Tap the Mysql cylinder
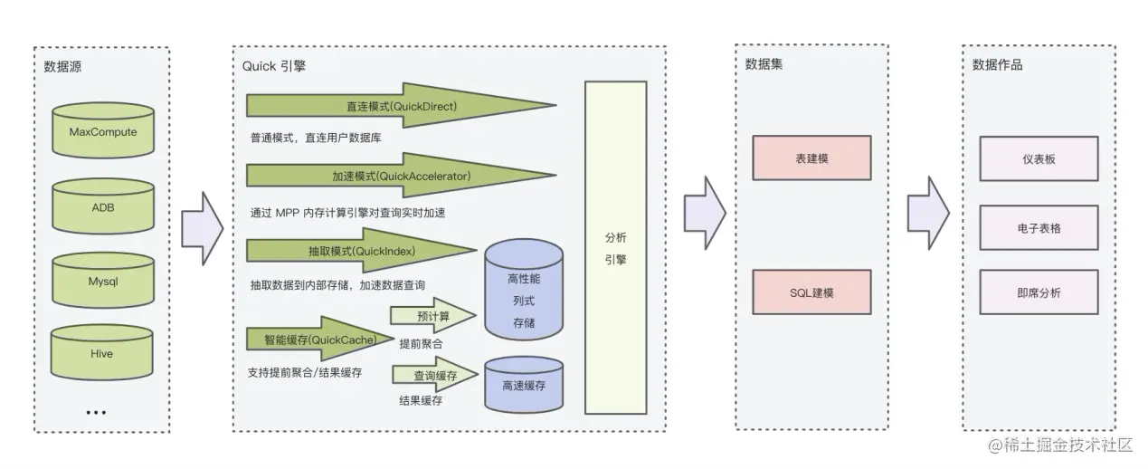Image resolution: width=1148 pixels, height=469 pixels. [103, 281]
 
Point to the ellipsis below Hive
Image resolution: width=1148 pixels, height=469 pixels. [96, 412]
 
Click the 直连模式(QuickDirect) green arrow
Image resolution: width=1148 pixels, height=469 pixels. [401, 106]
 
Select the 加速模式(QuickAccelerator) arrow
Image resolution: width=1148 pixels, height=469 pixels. [401, 177]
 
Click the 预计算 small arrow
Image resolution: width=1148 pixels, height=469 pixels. [432, 316]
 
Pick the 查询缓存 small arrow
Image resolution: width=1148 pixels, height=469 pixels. [434, 375]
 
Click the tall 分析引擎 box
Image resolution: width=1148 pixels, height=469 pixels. [615, 248]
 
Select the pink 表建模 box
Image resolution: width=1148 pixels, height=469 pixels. [811, 158]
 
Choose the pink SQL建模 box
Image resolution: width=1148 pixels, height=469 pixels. [811, 293]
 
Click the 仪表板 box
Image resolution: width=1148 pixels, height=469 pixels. [1039, 158]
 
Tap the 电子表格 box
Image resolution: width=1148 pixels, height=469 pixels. [1039, 228]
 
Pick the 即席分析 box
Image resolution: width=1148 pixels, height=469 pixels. [1039, 292]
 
